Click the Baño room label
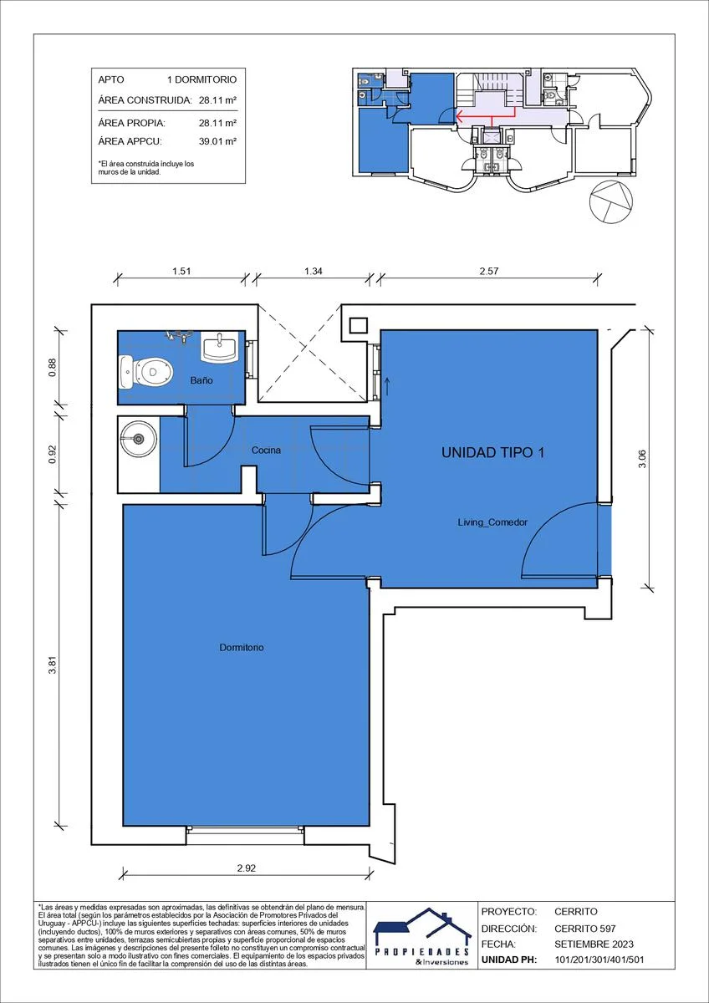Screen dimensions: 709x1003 click(x=201, y=380)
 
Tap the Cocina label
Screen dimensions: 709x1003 click(x=266, y=450)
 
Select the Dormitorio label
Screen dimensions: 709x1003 click(x=242, y=648)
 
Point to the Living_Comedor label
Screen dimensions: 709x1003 click(x=492, y=522)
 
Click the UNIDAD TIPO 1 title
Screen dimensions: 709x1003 click(x=492, y=452)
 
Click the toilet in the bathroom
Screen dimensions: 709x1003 click(x=146, y=372)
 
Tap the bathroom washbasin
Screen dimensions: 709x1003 click(x=219, y=347)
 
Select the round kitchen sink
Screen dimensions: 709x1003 click(x=138, y=438)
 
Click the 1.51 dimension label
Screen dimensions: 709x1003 click(x=181, y=271)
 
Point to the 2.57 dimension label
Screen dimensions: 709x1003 click(x=488, y=271)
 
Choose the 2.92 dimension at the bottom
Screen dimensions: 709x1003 click(x=247, y=868)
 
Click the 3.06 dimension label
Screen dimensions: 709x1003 click(x=642, y=459)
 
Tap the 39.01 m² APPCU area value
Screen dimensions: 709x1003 click(x=217, y=141)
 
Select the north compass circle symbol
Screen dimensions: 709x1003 click(x=612, y=201)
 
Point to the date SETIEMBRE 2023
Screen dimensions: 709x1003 click(x=594, y=944)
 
